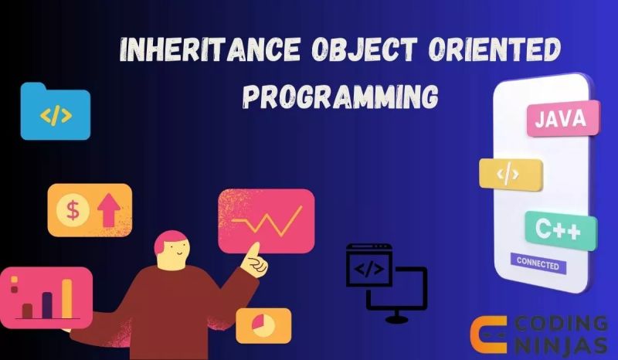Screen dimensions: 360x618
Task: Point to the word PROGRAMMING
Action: [340, 97]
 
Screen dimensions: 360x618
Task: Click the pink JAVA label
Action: [563, 119]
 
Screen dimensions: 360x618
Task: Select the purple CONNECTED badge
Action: [538, 263]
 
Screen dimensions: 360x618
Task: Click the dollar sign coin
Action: [73, 209]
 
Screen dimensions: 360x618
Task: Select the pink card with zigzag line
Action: [267, 220]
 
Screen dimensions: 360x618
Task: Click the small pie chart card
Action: [263, 325]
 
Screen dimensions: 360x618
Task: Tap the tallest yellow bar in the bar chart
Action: [66, 298]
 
